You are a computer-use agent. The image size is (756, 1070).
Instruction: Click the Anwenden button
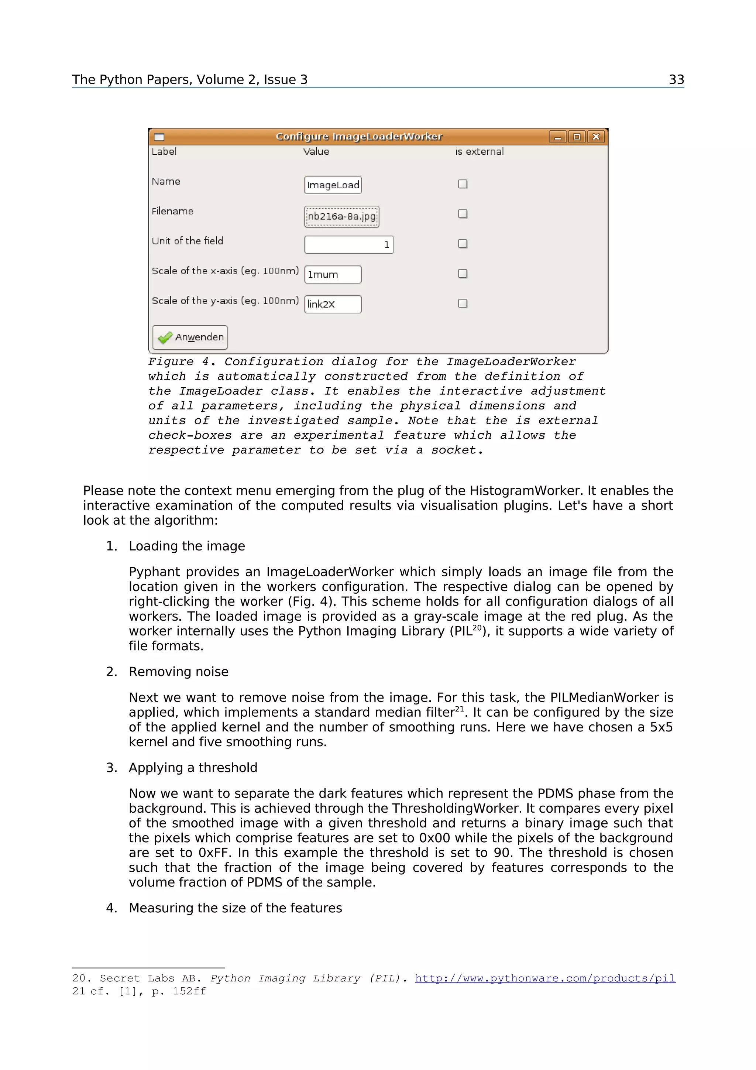click(x=190, y=337)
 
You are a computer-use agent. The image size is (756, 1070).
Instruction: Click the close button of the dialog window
click(x=596, y=137)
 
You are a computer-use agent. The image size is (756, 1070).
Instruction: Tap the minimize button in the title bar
click(x=557, y=137)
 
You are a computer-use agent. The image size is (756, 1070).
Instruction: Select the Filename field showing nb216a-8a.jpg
click(x=341, y=216)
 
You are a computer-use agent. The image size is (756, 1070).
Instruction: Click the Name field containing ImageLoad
click(x=333, y=185)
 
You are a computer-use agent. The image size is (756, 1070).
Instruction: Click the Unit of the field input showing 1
click(x=349, y=245)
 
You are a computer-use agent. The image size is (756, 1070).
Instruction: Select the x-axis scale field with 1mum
click(x=333, y=274)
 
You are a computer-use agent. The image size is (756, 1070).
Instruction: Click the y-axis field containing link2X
click(x=333, y=304)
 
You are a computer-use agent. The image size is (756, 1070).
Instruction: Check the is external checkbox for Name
click(x=463, y=184)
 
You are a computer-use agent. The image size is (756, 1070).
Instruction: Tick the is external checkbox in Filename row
click(x=463, y=214)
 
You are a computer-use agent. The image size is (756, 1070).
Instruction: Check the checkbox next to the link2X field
click(x=463, y=303)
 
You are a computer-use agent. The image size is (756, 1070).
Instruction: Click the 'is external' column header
click(x=479, y=151)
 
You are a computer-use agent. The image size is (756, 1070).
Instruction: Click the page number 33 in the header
click(x=676, y=80)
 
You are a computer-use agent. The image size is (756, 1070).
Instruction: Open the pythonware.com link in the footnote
click(x=545, y=978)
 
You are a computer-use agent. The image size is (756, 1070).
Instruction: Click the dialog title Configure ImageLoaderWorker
click(x=359, y=136)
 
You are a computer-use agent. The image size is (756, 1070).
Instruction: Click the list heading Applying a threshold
click(x=193, y=768)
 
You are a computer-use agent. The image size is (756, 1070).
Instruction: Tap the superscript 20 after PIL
click(x=477, y=627)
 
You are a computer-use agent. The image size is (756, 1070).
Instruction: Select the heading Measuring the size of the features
click(x=235, y=908)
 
